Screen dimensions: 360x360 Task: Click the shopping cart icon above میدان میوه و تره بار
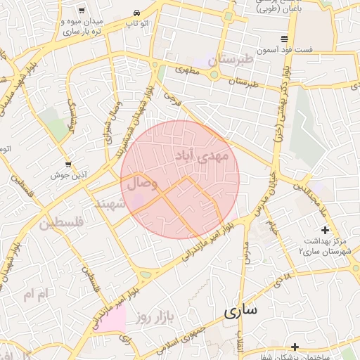pos(82,11)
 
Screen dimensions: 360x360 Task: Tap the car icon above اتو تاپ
pos(136,13)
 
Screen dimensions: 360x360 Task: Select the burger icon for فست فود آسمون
pos(284,38)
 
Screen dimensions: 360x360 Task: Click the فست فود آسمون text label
pos(284,51)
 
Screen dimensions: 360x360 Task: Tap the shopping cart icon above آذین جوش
pos(67,164)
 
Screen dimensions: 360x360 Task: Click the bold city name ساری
pos(240,311)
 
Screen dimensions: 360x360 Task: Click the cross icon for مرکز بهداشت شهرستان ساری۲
pos(324,230)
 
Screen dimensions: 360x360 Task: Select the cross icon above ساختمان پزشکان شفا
pos(295,346)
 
